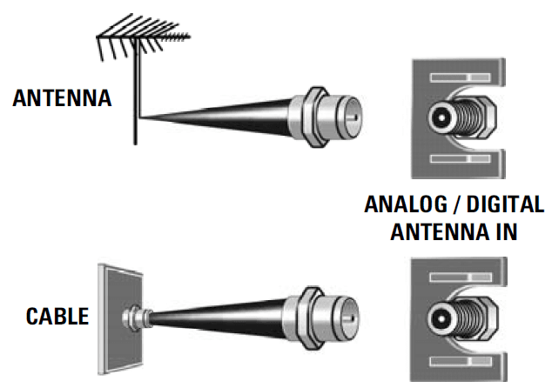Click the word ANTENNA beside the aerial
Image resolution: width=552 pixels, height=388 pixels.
click(x=63, y=97)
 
